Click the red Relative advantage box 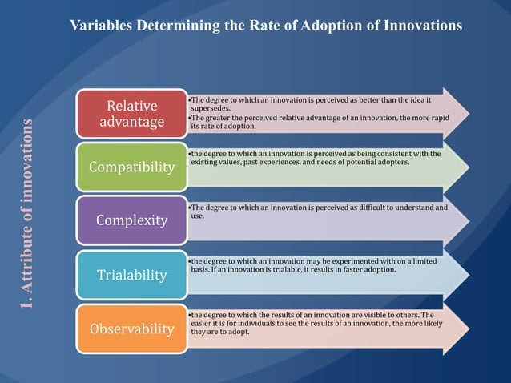coord(131,114)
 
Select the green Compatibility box coord(131,167)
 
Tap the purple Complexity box coord(131,220)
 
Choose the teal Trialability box coord(131,275)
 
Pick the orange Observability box coord(131,329)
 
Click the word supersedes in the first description coord(211,108)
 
